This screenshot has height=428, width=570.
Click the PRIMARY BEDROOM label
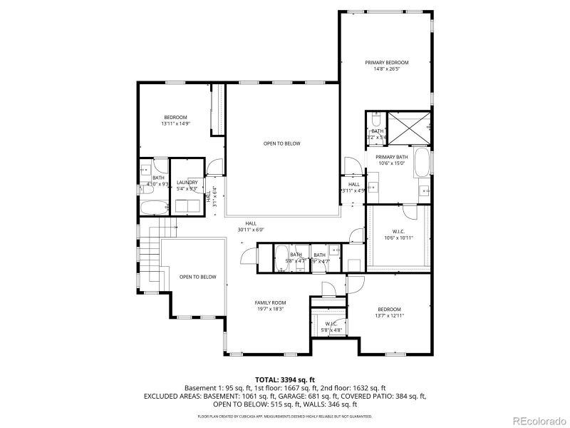click(386, 63)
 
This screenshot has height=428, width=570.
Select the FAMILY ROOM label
click(269, 302)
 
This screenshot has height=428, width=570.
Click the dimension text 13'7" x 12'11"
click(389, 315)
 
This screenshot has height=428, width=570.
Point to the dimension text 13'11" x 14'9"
click(175, 123)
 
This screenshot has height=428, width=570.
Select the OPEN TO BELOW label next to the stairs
click(197, 277)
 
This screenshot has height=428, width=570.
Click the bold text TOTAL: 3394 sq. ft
click(285, 379)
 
